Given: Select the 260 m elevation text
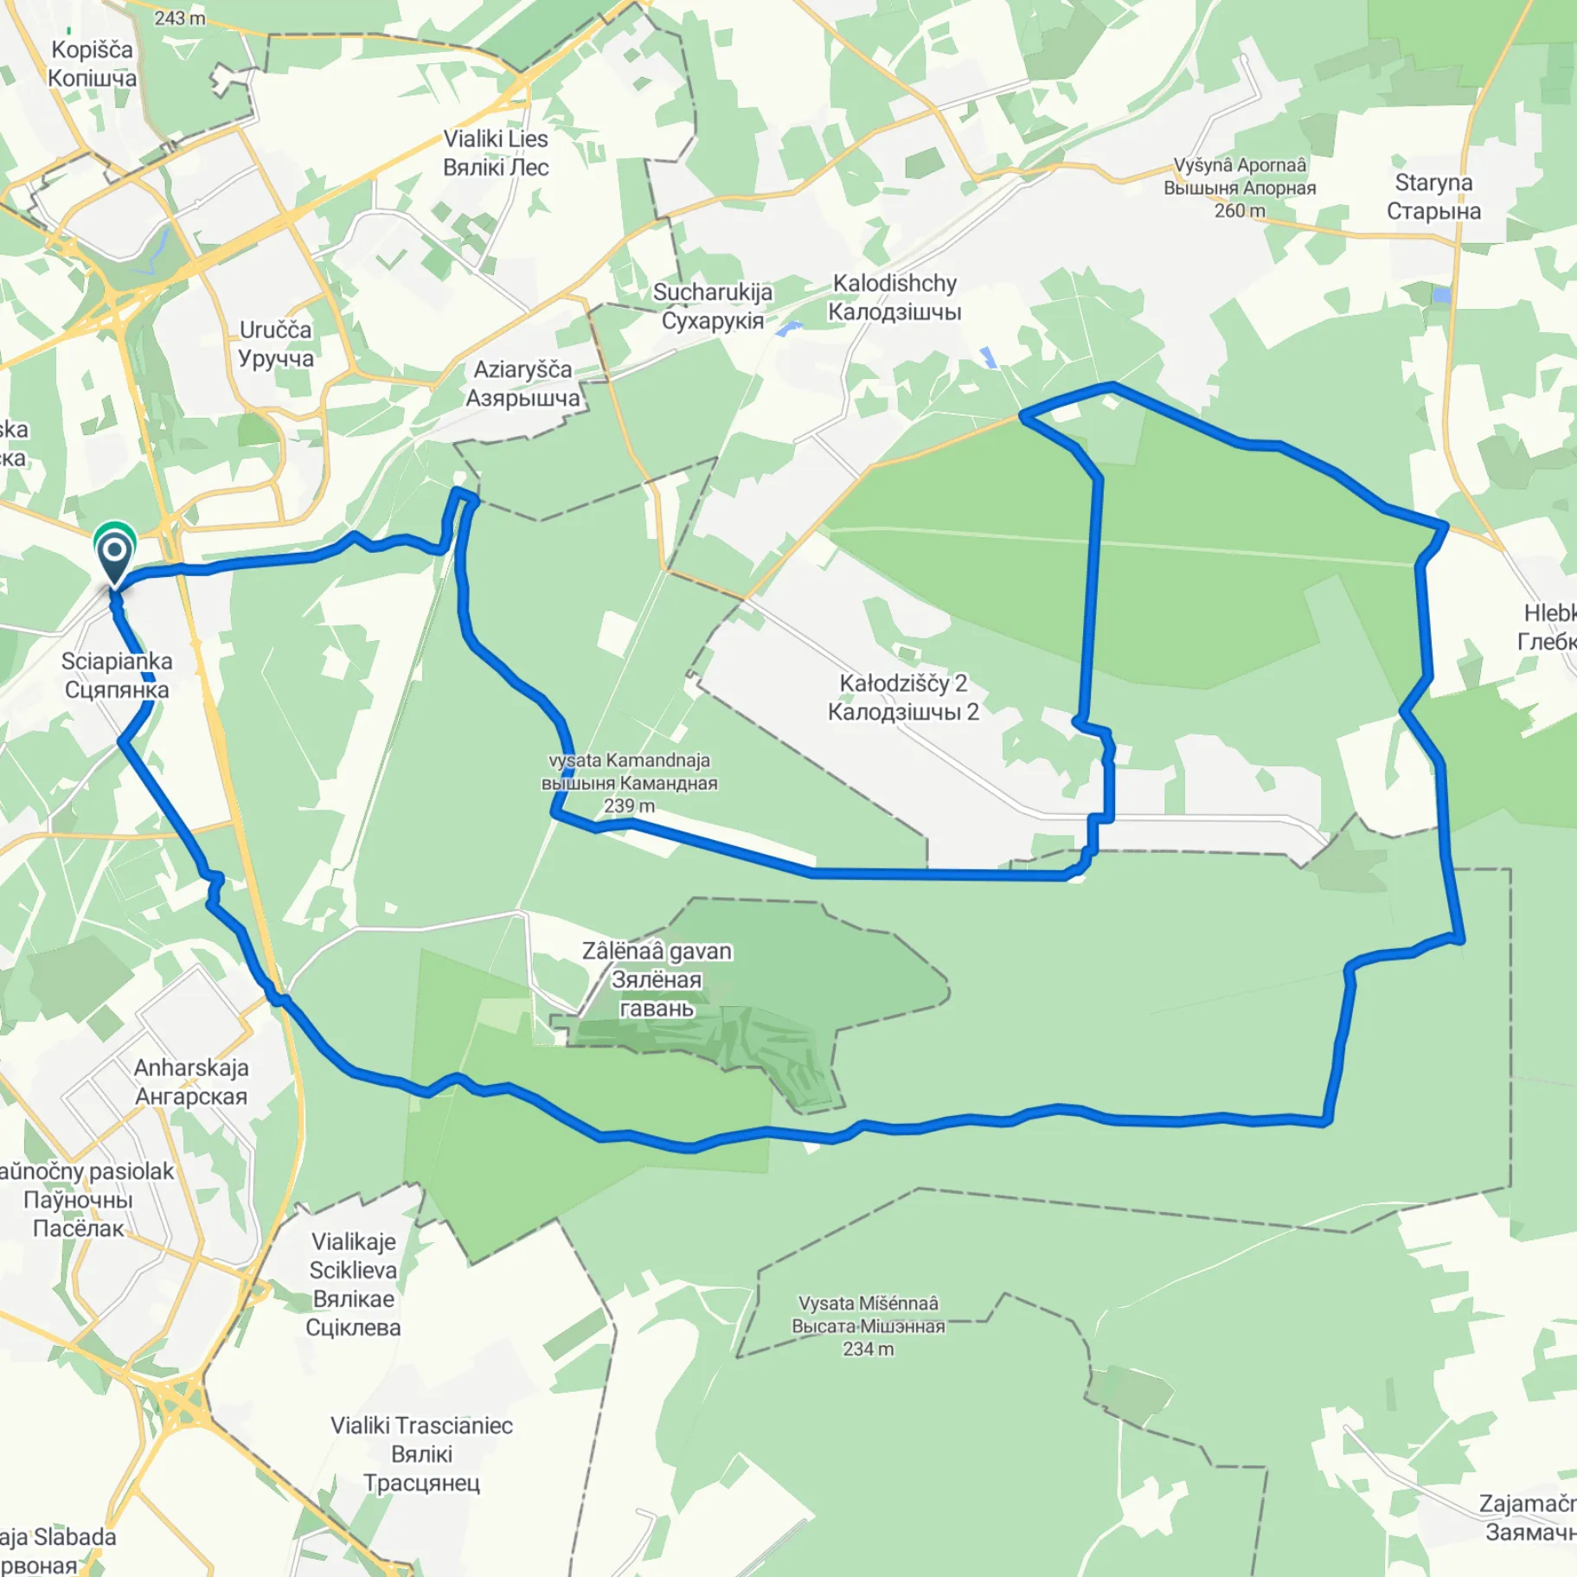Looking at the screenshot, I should coord(1239,211).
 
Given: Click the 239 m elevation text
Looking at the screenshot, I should coord(629,806).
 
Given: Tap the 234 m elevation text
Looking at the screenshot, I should coord(868,1349).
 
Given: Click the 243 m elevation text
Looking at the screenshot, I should coord(180,18).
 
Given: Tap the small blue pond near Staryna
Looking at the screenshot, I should coord(1441,295).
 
